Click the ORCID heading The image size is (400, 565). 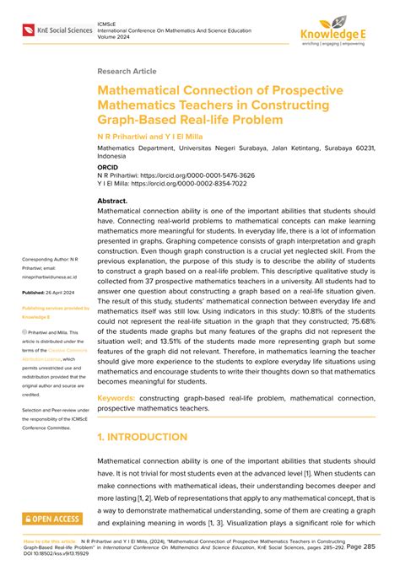pos(110,167)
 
